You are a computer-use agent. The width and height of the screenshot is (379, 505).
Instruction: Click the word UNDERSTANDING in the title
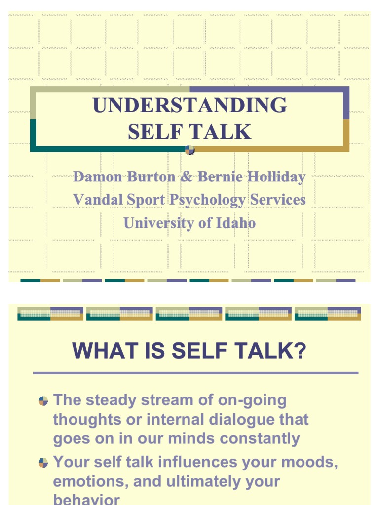pyautogui.click(x=189, y=106)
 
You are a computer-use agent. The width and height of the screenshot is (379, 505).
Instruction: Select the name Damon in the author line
pyautogui.click(x=96, y=177)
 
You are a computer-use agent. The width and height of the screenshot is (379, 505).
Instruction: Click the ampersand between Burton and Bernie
pyautogui.click(x=186, y=177)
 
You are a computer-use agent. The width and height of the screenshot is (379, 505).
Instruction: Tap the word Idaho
pyautogui.click(x=235, y=223)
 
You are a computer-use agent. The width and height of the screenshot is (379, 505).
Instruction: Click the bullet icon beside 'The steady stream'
pyautogui.click(x=43, y=400)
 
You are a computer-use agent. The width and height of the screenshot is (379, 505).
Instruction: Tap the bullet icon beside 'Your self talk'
pyautogui.click(x=43, y=463)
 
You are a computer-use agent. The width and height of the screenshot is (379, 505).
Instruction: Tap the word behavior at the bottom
pyautogui.click(x=86, y=499)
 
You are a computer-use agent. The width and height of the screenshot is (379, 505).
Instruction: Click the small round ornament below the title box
pyautogui.click(x=189, y=150)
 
